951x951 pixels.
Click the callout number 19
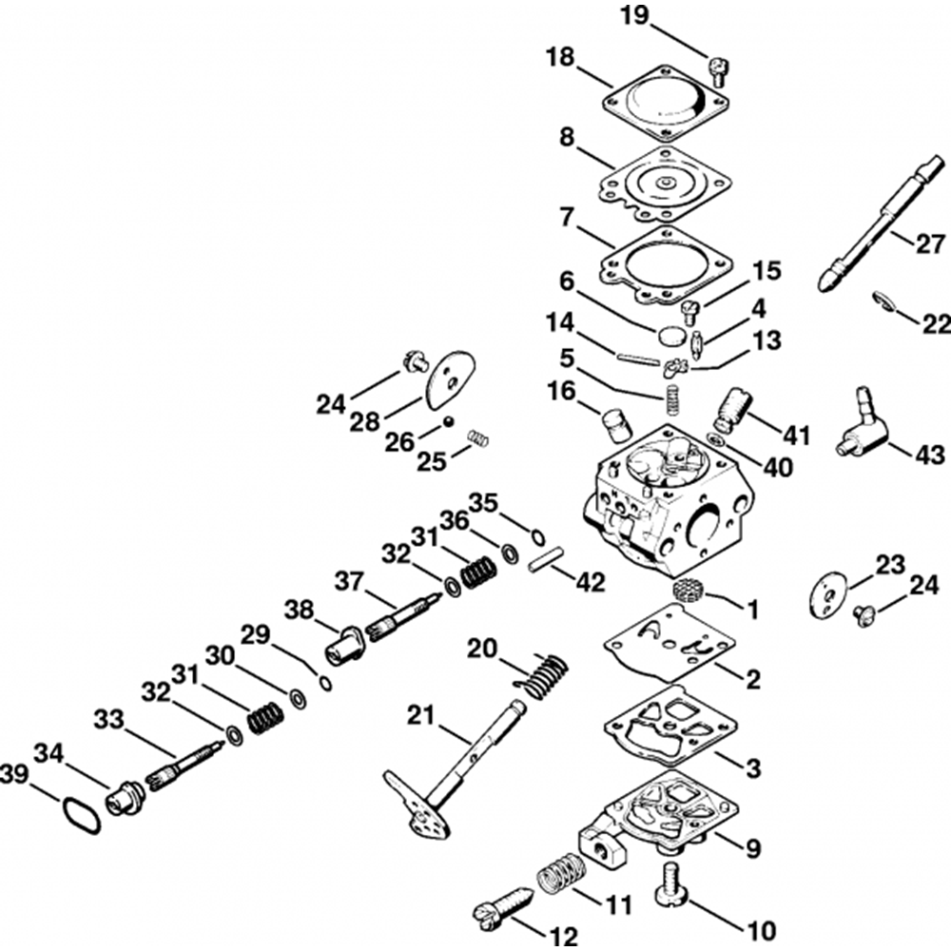point(633,16)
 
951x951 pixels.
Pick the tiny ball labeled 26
point(449,421)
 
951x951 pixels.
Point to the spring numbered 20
point(542,674)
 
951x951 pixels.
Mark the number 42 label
point(591,582)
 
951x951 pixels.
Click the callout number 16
point(561,391)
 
